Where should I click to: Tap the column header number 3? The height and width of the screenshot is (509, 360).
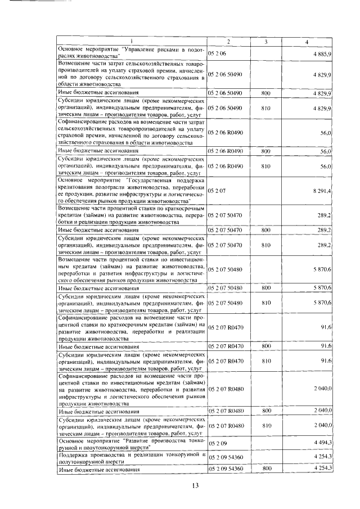coord(266,41)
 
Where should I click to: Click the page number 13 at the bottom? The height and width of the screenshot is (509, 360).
coord(196,485)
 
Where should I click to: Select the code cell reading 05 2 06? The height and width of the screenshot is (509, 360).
coord(217,53)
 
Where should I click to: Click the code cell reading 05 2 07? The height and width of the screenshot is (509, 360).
coord(217,192)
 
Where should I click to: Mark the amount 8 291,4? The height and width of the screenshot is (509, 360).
coord(322,192)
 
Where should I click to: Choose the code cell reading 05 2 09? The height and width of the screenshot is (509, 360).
coord(217,445)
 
